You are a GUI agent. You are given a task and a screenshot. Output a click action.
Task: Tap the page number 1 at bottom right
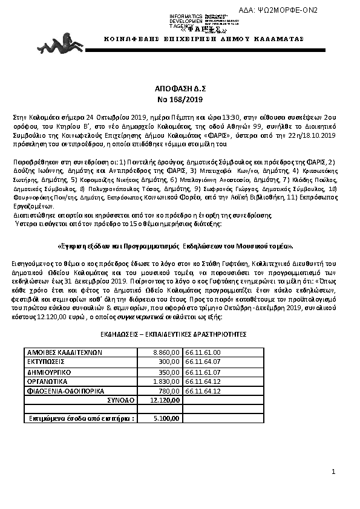pyautogui.click(x=333, y=471)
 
